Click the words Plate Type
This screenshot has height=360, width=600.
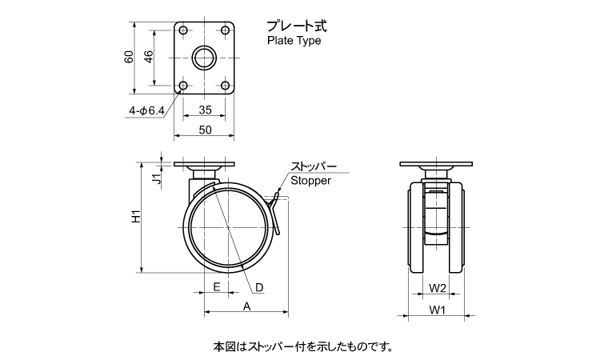click(x=293, y=40)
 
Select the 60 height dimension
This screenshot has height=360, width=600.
click(x=128, y=58)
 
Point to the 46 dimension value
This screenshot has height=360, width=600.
click(x=148, y=58)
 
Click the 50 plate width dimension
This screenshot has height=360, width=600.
click(x=205, y=130)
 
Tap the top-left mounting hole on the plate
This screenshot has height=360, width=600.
click(x=184, y=30)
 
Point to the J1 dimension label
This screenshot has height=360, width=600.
click(x=158, y=178)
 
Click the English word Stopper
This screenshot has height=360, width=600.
click(x=310, y=181)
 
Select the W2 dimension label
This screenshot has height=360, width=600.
click(x=438, y=287)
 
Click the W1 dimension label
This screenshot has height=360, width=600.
click(x=438, y=309)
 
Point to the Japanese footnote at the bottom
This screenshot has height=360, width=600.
click(x=302, y=346)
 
